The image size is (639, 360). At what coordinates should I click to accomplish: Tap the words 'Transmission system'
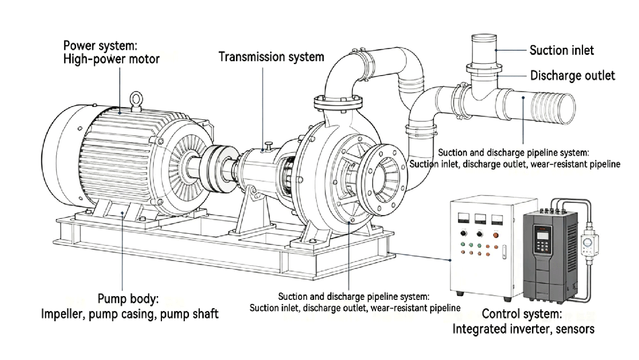click(x=271, y=56)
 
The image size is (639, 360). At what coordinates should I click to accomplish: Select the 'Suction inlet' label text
click(x=561, y=51)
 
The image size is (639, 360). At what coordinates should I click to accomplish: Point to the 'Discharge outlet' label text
click(x=572, y=76)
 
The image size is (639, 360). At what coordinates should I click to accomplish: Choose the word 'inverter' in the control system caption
click(x=527, y=329)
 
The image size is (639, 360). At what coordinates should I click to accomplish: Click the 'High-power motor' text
click(x=111, y=59)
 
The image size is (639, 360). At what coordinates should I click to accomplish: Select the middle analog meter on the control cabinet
click(x=480, y=218)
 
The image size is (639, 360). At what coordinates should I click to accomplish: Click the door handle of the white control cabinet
click(x=504, y=251)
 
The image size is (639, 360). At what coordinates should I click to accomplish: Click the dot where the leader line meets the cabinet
click(x=450, y=260)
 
